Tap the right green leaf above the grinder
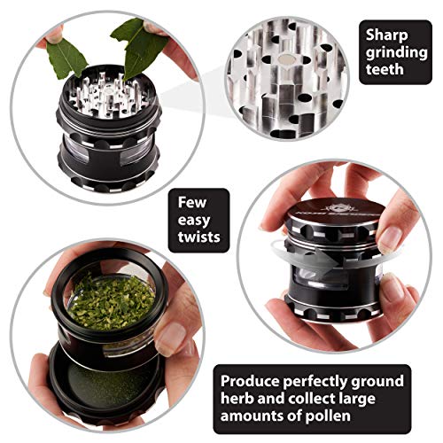(x=133, y=49)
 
